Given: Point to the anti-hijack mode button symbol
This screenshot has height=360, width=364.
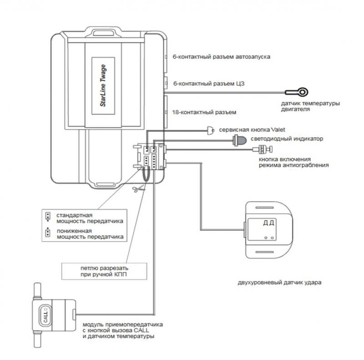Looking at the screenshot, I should [x=263, y=149].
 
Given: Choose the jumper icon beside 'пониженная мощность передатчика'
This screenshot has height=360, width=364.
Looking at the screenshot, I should [x=47, y=234].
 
